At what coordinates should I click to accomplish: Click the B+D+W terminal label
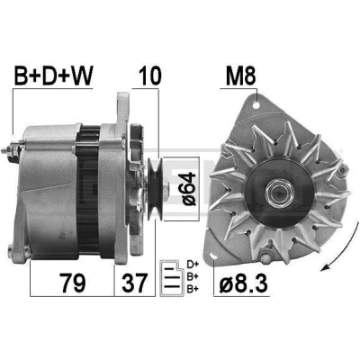point(53,76)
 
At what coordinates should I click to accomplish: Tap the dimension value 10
point(150,76)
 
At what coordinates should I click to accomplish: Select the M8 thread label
point(241,76)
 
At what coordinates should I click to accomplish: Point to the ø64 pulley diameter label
point(190,189)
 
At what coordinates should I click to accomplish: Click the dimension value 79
point(73,283)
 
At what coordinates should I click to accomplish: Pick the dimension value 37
point(135,283)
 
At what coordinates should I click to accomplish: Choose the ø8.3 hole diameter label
point(243,283)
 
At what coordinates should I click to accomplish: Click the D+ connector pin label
point(193,265)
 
